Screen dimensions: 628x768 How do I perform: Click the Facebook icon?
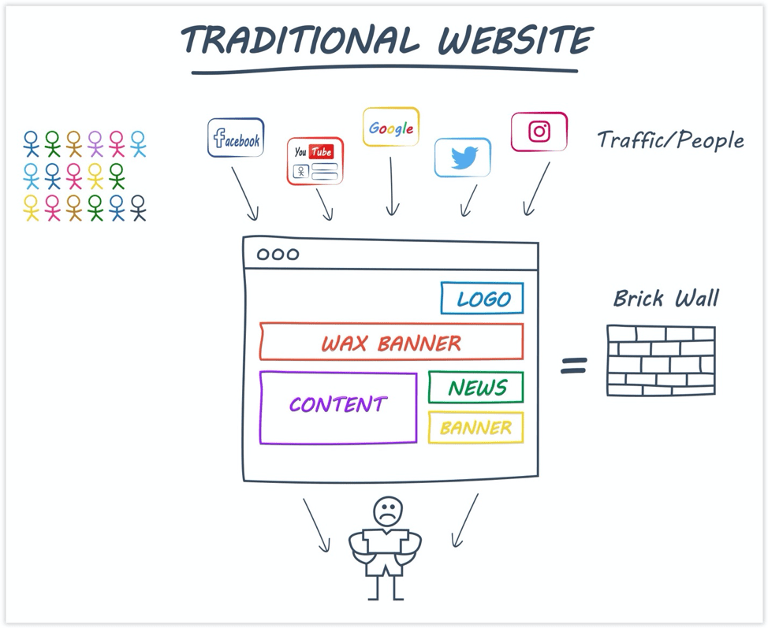click(236, 138)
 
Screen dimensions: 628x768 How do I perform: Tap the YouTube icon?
click(315, 161)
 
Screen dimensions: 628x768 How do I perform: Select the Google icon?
click(391, 128)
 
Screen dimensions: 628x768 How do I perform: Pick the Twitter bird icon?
click(463, 158)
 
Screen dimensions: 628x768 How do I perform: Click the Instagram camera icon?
click(539, 132)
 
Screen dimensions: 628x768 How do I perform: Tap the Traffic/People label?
click(670, 141)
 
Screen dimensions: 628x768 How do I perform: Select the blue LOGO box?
click(482, 299)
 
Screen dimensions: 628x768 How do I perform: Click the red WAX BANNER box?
click(391, 343)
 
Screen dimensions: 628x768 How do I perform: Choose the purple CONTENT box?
click(337, 407)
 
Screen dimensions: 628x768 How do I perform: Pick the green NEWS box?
click(476, 388)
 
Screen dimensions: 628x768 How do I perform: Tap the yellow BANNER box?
click(476, 428)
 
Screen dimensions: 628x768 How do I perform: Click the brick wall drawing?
click(661, 360)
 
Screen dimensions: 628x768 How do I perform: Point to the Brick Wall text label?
click(666, 299)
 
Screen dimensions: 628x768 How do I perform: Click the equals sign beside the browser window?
click(574, 365)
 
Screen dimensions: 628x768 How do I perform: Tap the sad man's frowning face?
click(387, 511)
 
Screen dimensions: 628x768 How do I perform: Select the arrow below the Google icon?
click(392, 187)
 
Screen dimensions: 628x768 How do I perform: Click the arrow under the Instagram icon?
click(537, 189)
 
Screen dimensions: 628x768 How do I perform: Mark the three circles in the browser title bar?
click(278, 255)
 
